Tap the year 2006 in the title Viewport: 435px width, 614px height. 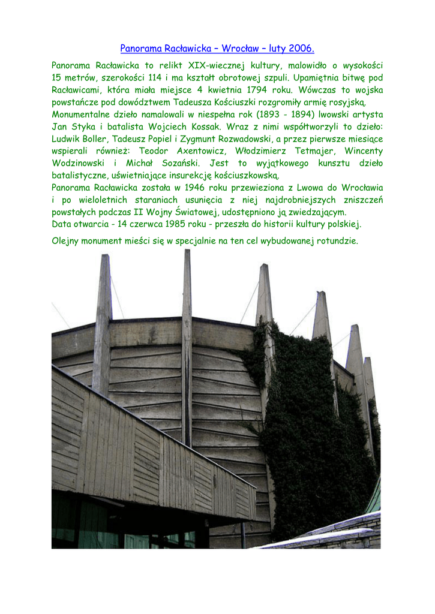(301, 48)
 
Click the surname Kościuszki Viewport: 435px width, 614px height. (226, 102)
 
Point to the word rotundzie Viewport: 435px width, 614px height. (337, 241)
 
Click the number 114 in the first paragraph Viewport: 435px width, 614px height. (156, 77)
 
